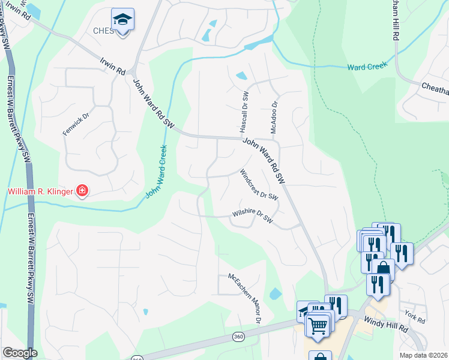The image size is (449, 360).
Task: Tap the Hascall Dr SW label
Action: [x=244, y=112]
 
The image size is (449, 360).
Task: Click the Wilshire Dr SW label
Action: [x=253, y=217]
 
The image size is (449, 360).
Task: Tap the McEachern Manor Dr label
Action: [x=244, y=298]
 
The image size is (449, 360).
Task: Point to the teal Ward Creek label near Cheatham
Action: [x=367, y=66]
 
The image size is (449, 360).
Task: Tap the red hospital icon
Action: [x=82, y=191]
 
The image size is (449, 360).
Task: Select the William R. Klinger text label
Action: [x=39, y=192]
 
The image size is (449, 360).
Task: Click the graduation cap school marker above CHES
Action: [x=123, y=20]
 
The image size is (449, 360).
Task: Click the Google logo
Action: [x=20, y=353]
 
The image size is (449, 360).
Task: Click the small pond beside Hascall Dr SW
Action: [x=241, y=76]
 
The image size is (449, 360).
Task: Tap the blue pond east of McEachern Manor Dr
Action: [x=275, y=294]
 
